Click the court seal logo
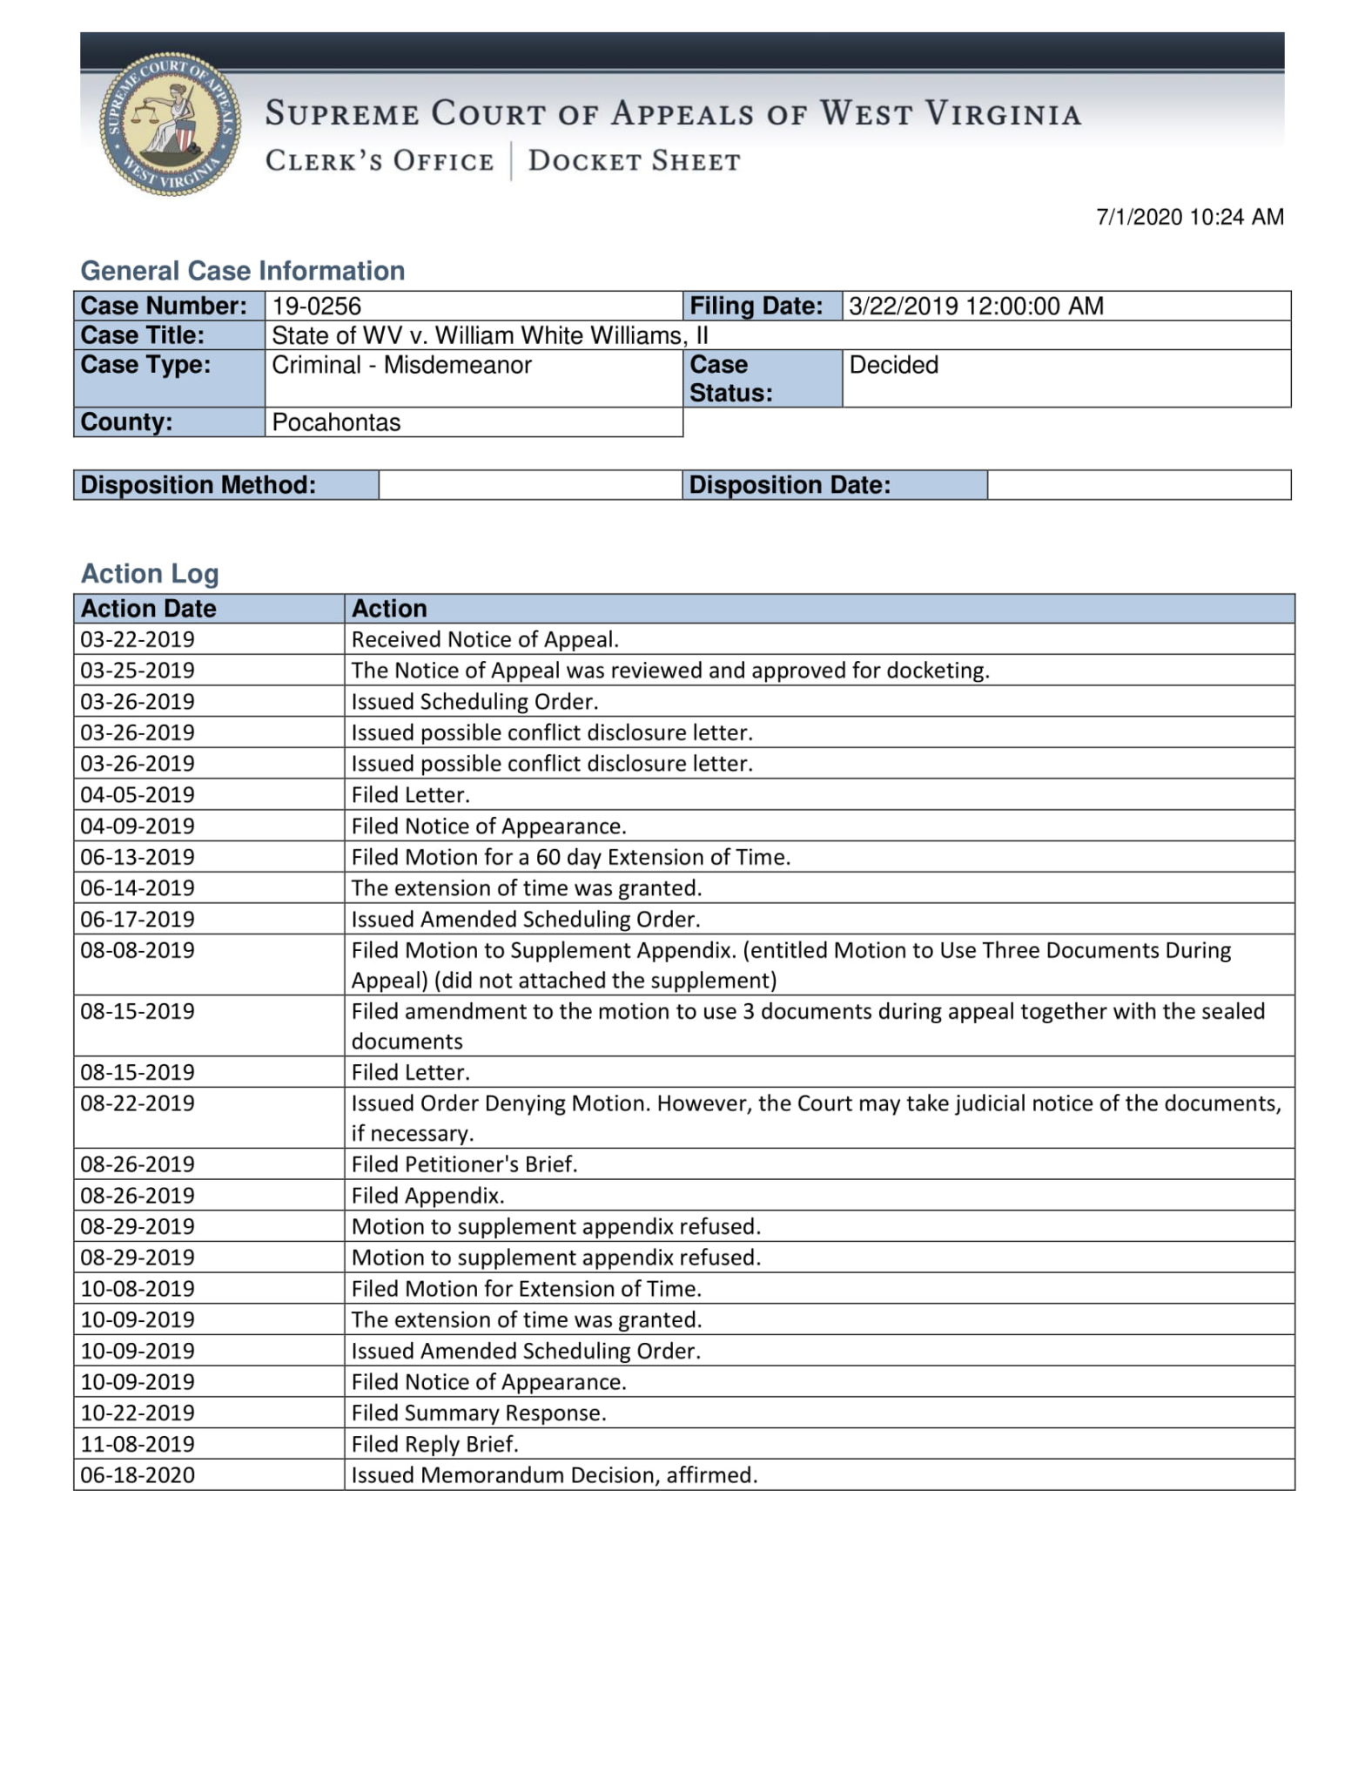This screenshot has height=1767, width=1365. (170, 124)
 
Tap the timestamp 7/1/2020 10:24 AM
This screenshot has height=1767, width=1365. (1189, 217)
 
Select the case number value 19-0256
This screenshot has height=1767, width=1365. (317, 306)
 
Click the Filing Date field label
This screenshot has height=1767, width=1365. (756, 306)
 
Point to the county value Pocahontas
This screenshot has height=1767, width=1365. (336, 422)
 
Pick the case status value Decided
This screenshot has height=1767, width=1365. (893, 365)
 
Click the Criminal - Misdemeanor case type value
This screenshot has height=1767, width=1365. (401, 365)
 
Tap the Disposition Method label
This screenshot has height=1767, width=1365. (198, 485)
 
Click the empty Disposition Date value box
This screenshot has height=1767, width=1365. (1139, 485)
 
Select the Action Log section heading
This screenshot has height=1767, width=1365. (150, 573)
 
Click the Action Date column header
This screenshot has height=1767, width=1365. (149, 608)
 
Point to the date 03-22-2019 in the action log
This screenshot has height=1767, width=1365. (138, 639)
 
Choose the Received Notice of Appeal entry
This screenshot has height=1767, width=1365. (485, 639)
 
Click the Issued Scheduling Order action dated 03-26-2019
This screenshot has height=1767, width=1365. (474, 701)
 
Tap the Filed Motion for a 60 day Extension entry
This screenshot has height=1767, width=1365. (570, 857)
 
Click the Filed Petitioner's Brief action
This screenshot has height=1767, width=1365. (464, 1164)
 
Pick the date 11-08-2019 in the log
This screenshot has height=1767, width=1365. (138, 1444)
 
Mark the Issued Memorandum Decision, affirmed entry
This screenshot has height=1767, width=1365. (554, 1475)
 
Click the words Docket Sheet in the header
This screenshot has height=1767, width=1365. (634, 161)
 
